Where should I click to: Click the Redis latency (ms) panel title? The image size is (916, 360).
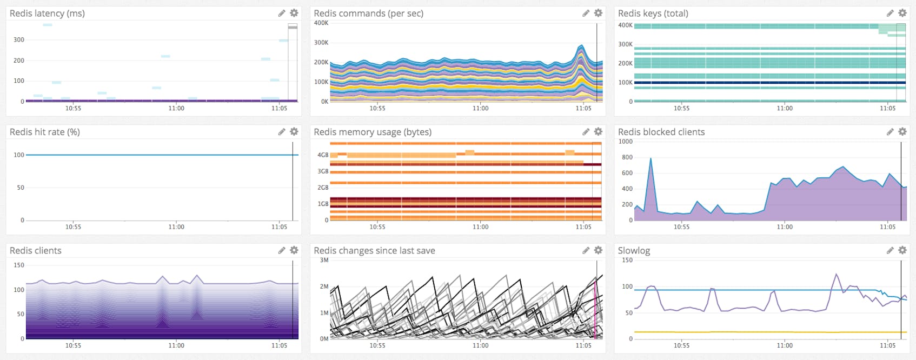click(47, 14)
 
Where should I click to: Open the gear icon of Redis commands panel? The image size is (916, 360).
click(598, 13)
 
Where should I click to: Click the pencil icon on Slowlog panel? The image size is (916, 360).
click(890, 250)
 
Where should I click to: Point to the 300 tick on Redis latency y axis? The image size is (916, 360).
click(18, 39)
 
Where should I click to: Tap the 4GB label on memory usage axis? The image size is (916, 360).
click(323, 155)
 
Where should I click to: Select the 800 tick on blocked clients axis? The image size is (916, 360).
click(627, 157)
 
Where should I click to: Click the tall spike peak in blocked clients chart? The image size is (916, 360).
click(651, 158)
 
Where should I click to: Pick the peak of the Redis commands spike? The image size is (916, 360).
click(581, 45)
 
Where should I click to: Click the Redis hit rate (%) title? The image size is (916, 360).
click(45, 132)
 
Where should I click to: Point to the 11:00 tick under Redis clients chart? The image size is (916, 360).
click(176, 345)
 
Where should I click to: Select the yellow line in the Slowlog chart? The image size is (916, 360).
click(757, 332)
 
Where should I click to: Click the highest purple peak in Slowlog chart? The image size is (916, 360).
click(837, 275)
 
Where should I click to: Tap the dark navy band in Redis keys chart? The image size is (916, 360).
click(768, 83)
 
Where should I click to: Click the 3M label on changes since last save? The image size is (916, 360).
click(324, 260)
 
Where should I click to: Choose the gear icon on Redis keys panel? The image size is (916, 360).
click(902, 13)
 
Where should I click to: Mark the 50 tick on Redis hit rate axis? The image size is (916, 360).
click(21, 188)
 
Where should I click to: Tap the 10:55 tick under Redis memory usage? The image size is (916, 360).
click(377, 227)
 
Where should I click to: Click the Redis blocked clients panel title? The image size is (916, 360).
click(661, 132)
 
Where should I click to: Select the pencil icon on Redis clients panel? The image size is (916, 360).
click(281, 250)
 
